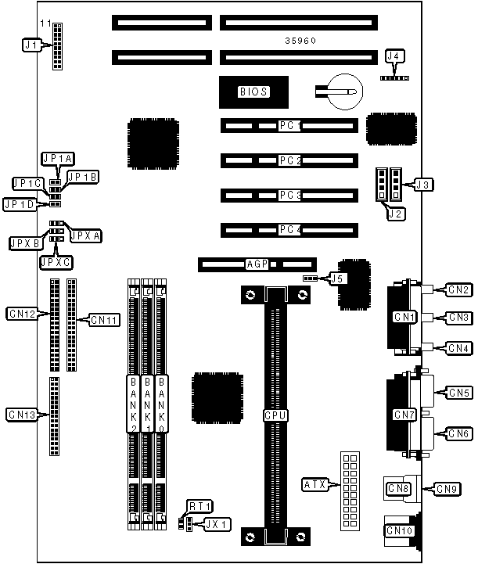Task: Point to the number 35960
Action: coord(300,40)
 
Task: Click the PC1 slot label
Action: coord(289,125)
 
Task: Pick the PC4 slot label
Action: coord(289,230)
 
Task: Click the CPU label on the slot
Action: coord(275,415)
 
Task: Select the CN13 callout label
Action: coord(21,414)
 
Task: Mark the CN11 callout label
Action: coord(103,319)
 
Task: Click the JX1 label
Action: coord(217,523)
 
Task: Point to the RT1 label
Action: coord(199,506)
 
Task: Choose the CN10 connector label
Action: coord(401,532)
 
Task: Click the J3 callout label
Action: coord(422,185)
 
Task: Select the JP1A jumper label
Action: coord(58,159)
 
